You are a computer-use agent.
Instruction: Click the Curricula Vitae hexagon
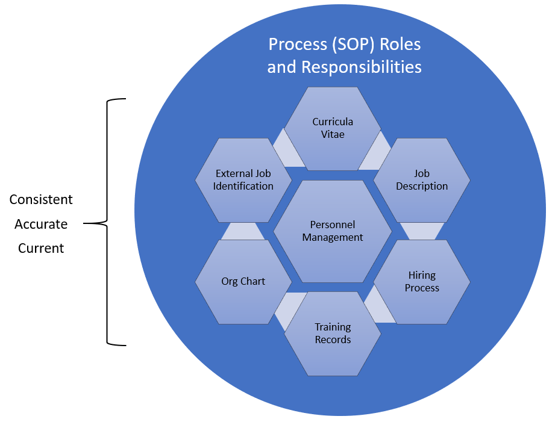(x=333, y=128)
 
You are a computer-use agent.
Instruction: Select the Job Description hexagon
(x=422, y=180)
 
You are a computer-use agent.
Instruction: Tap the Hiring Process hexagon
(x=422, y=281)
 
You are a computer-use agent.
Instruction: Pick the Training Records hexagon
(x=333, y=333)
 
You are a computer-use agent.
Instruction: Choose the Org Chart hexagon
(x=243, y=281)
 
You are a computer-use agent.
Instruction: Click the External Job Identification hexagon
(x=243, y=180)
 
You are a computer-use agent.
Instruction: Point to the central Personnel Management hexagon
(x=333, y=231)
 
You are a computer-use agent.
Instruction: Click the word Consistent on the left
(x=41, y=199)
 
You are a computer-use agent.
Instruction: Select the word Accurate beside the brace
(x=41, y=224)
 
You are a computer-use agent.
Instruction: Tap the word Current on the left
(x=41, y=248)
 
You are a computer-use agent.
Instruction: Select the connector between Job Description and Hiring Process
(x=422, y=231)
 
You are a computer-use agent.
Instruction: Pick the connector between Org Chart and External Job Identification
(x=243, y=231)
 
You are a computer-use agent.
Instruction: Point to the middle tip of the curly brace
(x=85, y=224)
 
